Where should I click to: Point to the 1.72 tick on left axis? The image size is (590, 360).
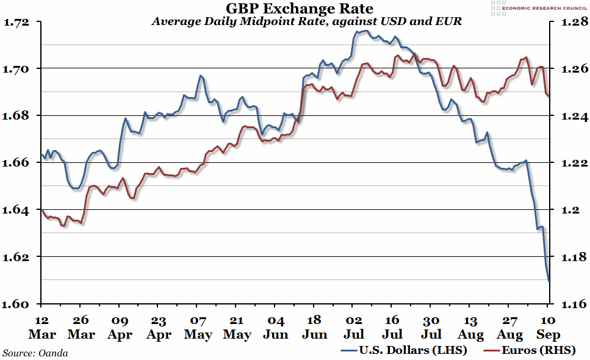(16, 22)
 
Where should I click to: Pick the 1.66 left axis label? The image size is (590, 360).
(16, 163)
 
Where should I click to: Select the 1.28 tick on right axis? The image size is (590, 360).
(567, 22)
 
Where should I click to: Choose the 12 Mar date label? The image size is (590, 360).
(41, 327)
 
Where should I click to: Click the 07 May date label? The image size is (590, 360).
(198, 327)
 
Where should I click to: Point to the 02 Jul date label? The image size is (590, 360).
(353, 327)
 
